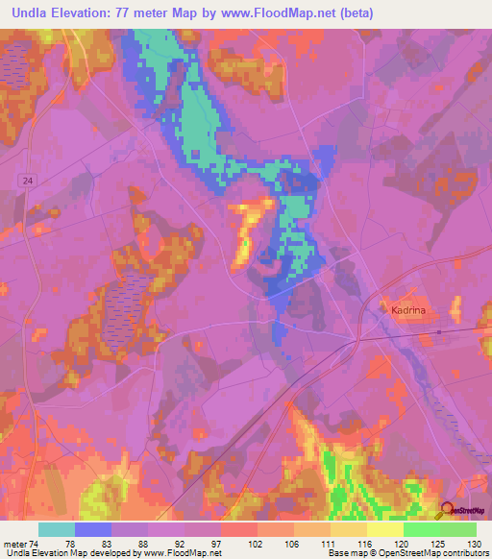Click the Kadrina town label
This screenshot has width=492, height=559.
[x=412, y=309]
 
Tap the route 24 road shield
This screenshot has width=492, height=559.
[x=25, y=180]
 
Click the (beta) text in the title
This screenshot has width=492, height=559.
[x=352, y=13]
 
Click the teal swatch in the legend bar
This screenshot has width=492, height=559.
[x=57, y=529]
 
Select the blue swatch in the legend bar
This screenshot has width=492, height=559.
[x=93, y=529]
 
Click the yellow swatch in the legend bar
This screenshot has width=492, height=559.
[x=384, y=529]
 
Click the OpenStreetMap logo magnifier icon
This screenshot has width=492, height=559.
[x=447, y=511]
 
